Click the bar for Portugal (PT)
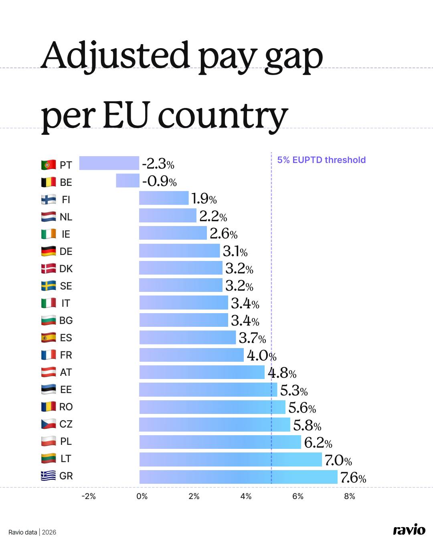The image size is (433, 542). [109, 163]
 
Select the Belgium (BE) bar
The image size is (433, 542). [127, 181]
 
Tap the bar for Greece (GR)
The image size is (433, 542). [238, 477]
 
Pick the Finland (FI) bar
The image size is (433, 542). [164, 198]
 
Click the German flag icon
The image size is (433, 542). [49, 251]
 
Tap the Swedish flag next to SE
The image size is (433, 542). [49, 286]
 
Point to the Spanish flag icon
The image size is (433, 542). [49, 338]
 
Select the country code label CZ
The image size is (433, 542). [66, 424]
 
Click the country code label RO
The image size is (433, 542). [66, 407]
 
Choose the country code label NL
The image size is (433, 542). [66, 217]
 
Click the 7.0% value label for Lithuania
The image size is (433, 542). [338, 460]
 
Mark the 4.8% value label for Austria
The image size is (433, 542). [282, 373]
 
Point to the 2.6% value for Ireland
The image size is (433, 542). [223, 234]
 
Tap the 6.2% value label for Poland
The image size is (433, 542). [318, 442]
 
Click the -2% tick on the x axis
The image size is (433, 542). [89, 496]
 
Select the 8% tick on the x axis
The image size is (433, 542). [350, 496]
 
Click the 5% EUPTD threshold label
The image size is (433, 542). [322, 160]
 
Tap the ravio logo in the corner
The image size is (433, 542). [409, 530]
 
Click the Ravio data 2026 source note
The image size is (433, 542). [32, 532]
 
